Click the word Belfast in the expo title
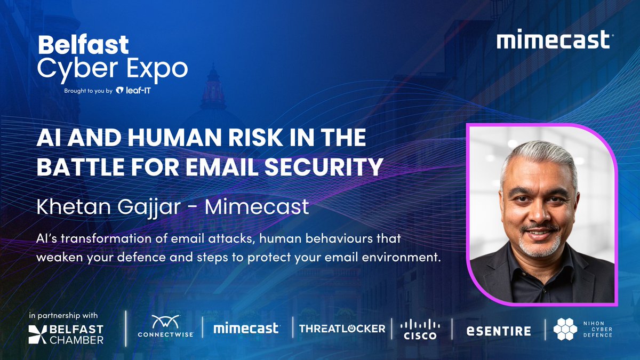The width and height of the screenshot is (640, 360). coord(83,45)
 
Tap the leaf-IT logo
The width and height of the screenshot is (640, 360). coord(136,91)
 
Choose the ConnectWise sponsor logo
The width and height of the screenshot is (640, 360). coord(165,326)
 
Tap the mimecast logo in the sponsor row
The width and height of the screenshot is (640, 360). coord(246,329)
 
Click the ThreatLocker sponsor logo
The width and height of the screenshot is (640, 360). coord(342,329)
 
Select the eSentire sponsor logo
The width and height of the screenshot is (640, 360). coord(499,331)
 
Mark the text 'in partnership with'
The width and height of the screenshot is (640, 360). coord(64,315)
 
